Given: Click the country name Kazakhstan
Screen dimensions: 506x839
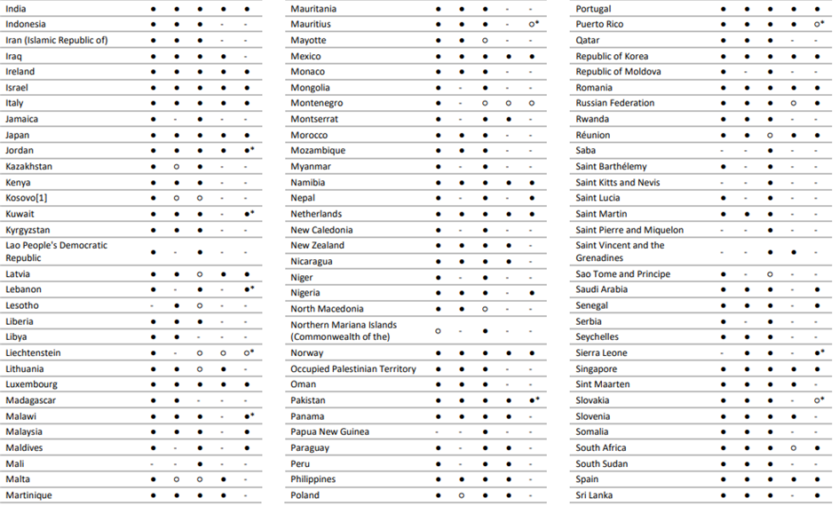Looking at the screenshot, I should pos(28,166).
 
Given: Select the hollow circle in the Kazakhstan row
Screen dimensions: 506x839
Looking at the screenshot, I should pos(177,166).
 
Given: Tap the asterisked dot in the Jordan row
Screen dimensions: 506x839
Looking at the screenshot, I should pos(247,150).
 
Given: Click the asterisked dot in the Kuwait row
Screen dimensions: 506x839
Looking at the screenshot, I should pos(247,214).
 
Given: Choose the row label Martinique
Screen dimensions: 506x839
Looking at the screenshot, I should pos(28,494).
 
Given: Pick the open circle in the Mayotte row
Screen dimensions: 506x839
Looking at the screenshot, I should pos(485,40).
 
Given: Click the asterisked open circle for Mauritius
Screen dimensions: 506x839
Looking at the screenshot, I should pos(531,24).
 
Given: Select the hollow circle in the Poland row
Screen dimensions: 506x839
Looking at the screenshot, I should pos(462,494).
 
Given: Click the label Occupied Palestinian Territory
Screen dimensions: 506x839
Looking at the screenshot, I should pos(353,368).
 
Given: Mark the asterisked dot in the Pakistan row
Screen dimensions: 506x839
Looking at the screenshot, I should pos(531,400).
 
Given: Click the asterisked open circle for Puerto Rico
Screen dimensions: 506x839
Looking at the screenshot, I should pos(816,24).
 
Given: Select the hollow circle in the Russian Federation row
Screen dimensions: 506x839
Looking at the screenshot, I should pos(793,103).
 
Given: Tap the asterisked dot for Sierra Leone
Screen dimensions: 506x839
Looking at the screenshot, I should pos(816,352).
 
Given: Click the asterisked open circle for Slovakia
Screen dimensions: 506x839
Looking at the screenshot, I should pos(816,400).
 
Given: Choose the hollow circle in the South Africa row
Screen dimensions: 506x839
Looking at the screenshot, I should pos(793,447).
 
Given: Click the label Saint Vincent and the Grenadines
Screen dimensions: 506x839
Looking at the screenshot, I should pos(620,251).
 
